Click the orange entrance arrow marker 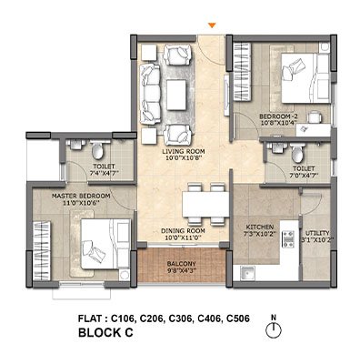click(x=212, y=25)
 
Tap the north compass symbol click(x=274, y=329)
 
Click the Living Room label click(x=183, y=151)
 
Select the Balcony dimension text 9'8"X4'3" click(x=182, y=270)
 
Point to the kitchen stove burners click(x=288, y=239)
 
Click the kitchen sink click(x=248, y=272)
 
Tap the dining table click(x=205, y=205)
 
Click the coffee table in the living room click(x=176, y=95)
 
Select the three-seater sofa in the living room click(x=150, y=94)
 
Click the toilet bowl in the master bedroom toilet click(x=97, y=150)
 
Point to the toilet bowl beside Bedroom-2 click(x=297, y=153)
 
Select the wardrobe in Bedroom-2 click(x=243, y=72)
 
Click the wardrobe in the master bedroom click(x=42, y=251)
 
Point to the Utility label click(x=317, y=233)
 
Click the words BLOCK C click(x=105, y=332)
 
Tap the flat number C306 click(x=180, y=318)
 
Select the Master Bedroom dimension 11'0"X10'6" click(x=81, y=203)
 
